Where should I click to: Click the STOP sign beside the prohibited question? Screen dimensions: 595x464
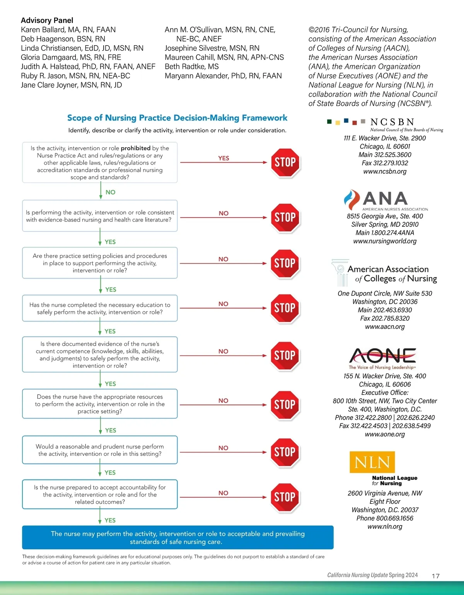point(285,162)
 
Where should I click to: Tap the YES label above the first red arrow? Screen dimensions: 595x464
point(223,158)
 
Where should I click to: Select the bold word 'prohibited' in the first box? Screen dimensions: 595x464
point(135,148)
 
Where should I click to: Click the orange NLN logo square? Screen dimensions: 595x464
point(372,462)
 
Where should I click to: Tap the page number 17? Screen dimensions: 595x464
point(435,576)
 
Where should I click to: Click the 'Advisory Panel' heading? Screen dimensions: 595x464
point(47,20)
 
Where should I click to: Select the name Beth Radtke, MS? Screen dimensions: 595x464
point(191,66)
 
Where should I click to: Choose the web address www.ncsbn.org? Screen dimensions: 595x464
point(385,171)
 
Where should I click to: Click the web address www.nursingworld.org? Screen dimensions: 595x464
point(385,241)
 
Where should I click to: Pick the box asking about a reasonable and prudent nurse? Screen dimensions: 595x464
point(100,450)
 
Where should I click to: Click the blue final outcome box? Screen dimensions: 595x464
point(177,537)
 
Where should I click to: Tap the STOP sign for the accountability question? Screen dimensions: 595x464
point(285,497)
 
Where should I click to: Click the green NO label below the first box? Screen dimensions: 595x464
point(110,192)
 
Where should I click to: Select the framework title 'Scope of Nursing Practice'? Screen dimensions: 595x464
point(177,118)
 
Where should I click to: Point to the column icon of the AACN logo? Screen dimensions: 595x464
point(340,272)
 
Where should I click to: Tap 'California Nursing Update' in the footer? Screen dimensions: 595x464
point(357,575)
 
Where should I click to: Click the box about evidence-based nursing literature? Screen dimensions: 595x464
point(100,216)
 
